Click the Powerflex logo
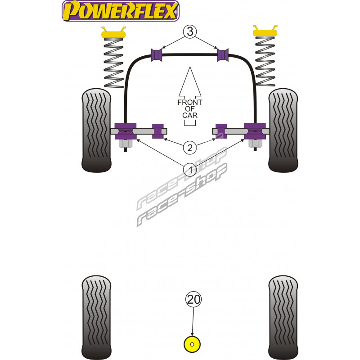click(x=120, y=11)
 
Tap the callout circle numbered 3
click(x=190, y=32)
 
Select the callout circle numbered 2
click(x=190, y=147)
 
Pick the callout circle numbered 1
click(x=190, y=170)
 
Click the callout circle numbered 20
click(x=192, y=299)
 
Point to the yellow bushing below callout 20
click(x=192, y=345)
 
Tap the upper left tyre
click(x=96, y=130)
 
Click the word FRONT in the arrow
click(x=190, y=102)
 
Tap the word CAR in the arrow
click(x=190, y=116)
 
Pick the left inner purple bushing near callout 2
click(x=157, y=131)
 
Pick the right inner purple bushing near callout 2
click(x=221, y=131)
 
